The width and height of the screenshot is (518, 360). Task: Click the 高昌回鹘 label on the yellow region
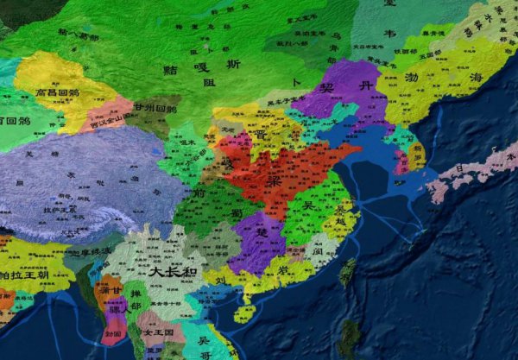(56, 92)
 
